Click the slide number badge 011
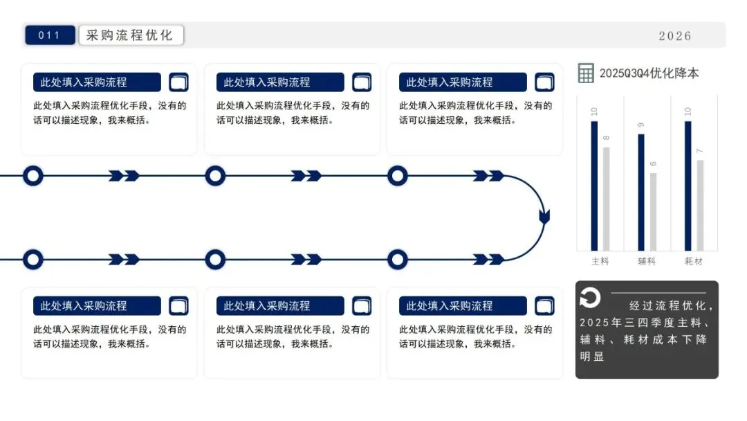(50, 35)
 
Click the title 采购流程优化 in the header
(131, 35)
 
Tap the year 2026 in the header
(674, 36)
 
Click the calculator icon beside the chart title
(586, 73)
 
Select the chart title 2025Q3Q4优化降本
(649, 73)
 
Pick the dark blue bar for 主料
(594, 186)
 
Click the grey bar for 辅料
(653, 211)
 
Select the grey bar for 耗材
(700, 205)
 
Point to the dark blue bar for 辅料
(641, 192)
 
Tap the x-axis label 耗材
(694, 261)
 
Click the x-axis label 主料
(600, 261)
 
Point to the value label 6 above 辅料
(653, 164)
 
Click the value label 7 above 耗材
(700, 152)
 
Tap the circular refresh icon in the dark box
(590, 298)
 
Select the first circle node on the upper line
(33, 176)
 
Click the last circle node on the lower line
(397, 260)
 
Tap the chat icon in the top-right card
(544, 82)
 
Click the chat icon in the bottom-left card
(178, 306)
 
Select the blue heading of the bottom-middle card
(279, 306)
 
